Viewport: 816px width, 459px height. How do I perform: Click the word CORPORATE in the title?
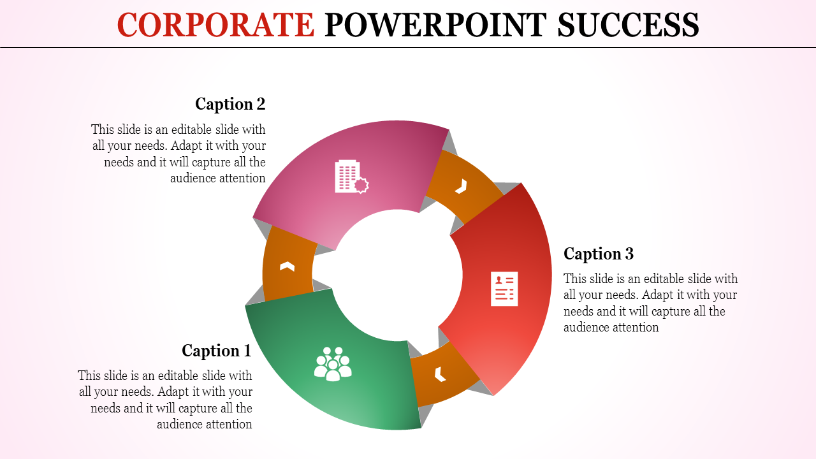[x=215, y=25]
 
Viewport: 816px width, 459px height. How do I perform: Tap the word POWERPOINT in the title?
[x=436, y=25]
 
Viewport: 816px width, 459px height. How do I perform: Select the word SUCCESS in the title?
[x=628, y=25]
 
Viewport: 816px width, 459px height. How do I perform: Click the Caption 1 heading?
[x=217, y=351]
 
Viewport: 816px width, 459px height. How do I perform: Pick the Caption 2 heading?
[x=230, y=104]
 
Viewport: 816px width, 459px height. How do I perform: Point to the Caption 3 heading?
[x=599, y=254]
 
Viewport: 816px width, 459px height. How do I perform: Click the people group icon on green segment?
[x=333, y=364]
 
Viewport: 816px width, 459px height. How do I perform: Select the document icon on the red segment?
[x=504, y=289]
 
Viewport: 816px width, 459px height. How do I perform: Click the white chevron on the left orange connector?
[x=287, y=266]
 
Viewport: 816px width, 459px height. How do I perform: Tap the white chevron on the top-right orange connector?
[x=461, y=186]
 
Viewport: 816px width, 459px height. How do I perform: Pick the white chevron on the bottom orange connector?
[x=440, y=374]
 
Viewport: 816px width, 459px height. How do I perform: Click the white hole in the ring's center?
[x=395, y=274]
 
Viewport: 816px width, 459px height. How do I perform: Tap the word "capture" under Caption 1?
[x=194, y=408]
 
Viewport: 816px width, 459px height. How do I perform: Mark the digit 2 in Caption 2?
[x=260, y=104]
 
